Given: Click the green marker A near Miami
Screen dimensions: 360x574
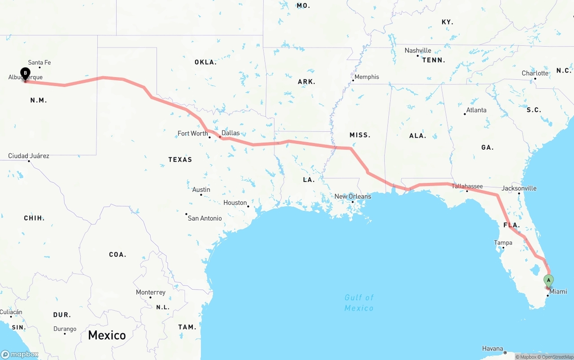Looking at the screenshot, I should (x=548, y=281).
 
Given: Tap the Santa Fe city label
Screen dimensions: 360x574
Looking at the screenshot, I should (x=39, y=63).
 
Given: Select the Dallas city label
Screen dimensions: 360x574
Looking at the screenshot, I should (x=230, y=133).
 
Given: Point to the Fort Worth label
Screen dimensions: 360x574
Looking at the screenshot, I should (x=193, y=133).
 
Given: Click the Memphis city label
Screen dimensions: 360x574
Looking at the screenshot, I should (x=366, y=77).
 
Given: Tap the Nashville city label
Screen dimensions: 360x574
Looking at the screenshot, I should (x=418, y=51).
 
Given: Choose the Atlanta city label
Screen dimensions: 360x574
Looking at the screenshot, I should (x=476, y=110).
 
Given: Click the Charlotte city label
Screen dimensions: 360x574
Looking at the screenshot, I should (x=535, y=74).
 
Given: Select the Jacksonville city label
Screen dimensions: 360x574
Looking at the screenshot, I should (x=519, y=188).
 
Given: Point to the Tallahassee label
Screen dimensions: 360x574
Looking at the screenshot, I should (x=467, y=187).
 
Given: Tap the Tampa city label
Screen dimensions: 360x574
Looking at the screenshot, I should (x=503, y=243).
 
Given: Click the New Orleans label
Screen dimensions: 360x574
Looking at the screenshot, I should (x=353, y=196).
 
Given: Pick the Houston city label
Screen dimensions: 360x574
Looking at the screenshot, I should (x=235, y=203).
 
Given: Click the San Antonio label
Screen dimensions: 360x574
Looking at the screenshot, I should (x=204, y=218).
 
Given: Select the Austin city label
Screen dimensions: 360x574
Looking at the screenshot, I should (x=201, y=190).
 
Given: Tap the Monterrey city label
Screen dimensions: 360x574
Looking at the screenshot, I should (x=151, y=292).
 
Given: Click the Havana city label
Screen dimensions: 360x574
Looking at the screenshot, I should (x=492, y=348).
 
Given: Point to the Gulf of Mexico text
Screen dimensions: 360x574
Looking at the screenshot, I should (x=359, y=303).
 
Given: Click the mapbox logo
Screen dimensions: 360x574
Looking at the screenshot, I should (x=20, y=354).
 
